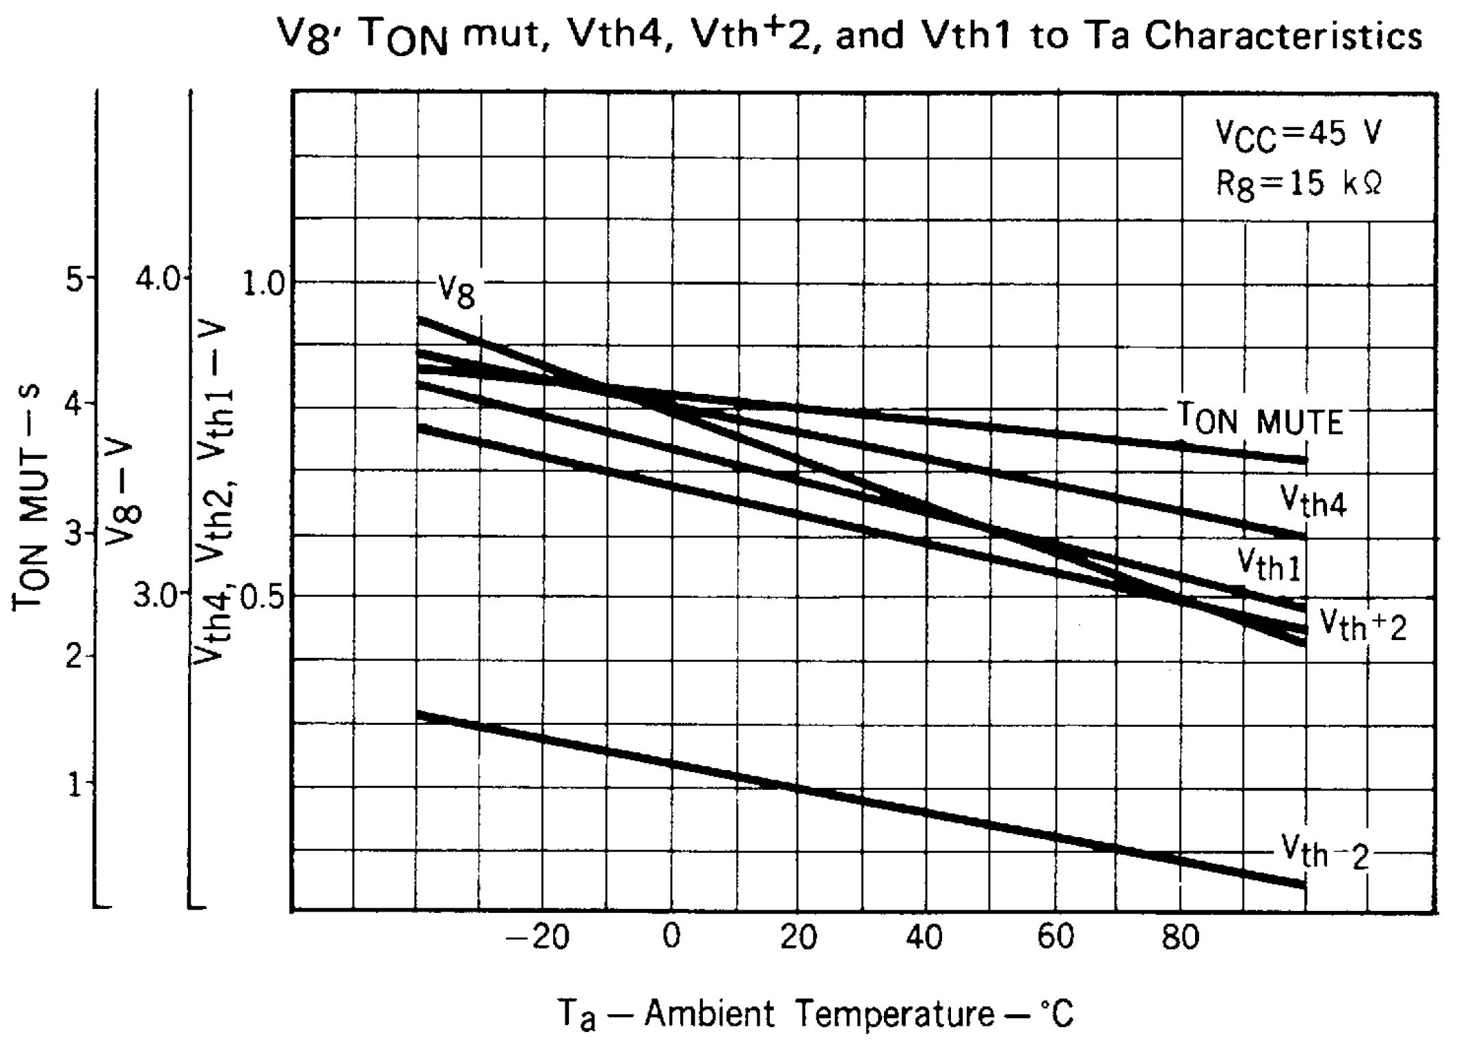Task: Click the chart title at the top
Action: tap(850, 36)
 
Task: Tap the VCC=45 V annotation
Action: tap(1298, 134)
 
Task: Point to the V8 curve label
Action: tap(456, 293)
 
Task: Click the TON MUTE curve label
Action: tap(1259, 419)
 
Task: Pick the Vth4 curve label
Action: tap(1313, 503)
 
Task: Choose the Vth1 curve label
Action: tap(1269, 565)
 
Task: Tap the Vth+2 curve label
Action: tap(1362, 625)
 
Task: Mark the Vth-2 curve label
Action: tap(1325, 853)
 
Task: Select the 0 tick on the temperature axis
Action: tap(671, 937)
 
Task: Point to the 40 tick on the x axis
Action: tap(924, 937)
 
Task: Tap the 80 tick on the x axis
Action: tap(1180, 937)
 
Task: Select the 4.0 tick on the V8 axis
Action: tap(157, 280)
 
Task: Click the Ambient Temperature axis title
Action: tap(816, 1013)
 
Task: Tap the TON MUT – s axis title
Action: tap(30, 496)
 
